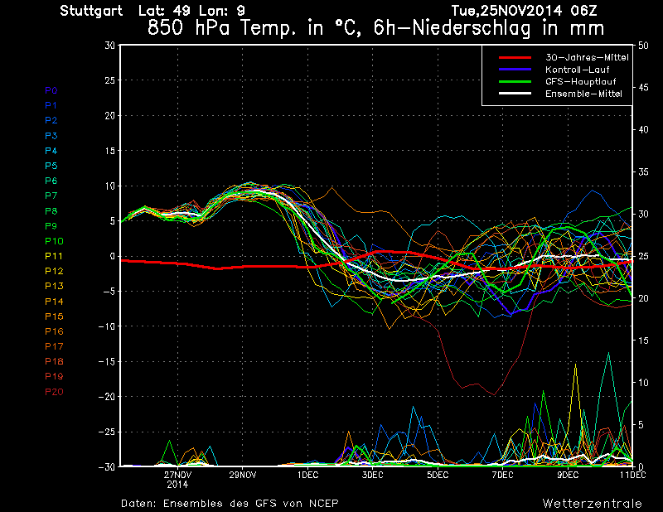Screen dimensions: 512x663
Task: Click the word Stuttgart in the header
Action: [x=91, y=11]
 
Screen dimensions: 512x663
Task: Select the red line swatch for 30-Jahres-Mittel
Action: [x=514, y=58]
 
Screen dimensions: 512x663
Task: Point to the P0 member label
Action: [x=51, y=90]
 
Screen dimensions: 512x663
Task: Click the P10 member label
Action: [x=53, y=241]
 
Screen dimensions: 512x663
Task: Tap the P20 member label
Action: [x=54, y=392]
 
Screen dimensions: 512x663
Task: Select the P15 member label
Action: [x=54, y=316]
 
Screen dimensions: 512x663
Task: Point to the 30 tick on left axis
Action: [x=109, y=46]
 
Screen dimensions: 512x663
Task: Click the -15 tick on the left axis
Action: [x=107, y=362]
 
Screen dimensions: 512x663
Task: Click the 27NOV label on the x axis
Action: [x=178, y=475]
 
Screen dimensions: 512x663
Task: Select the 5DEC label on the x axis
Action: [x=438, y=475]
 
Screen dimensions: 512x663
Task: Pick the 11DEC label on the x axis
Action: [x=632, y=475]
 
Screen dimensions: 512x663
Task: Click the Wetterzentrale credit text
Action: [x=593, y=503]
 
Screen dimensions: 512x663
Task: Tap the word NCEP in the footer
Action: [x=323, y=503]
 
